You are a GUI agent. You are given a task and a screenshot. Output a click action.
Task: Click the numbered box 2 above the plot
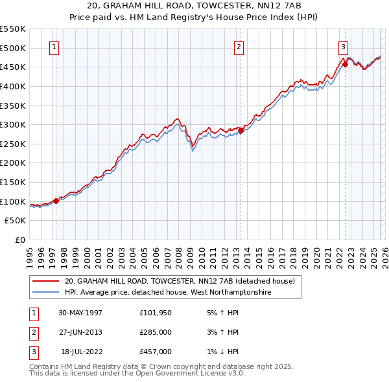coord(239,47)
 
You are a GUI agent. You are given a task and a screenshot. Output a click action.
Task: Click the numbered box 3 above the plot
coord(342,47)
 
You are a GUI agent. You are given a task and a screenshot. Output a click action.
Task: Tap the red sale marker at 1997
coord(56,201)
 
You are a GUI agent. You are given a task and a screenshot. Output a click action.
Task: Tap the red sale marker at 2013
coord(241,130)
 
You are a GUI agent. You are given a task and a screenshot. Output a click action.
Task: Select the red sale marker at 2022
coord(345,64)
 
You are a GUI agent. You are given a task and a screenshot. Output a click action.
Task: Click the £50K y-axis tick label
coord(16,221)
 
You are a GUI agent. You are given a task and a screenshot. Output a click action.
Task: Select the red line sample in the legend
coord(45,282)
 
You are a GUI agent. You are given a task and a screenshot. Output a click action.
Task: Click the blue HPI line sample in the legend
coord(45,293)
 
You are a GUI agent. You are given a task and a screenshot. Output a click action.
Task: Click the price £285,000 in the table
coord(156,332)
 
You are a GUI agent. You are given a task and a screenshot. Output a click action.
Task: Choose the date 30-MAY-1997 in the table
coord(80,313)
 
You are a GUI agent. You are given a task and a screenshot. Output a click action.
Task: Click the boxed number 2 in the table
coord(32,332)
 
